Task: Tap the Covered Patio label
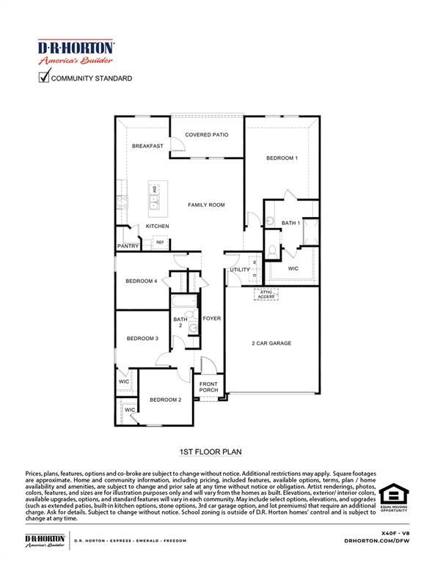206,135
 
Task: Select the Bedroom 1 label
282,158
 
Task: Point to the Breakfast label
147,146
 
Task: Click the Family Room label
206,205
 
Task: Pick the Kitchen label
157,227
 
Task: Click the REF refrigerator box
159,243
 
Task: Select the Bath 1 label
290,223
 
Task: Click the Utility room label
239,270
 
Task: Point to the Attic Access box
265,294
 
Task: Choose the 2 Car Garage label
272,342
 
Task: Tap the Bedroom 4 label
142,281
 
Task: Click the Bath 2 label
180,323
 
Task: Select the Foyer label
212,319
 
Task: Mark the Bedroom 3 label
142,339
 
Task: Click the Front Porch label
208,389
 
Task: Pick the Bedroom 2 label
165,400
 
